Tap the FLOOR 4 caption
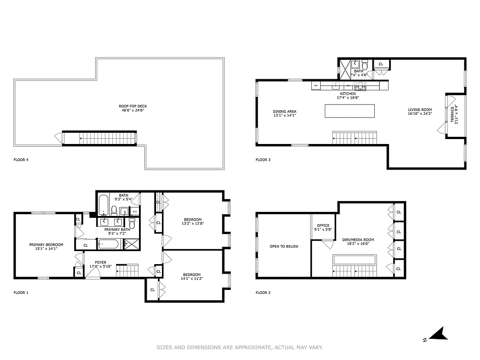(21, 160)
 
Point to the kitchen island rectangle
(350, 111)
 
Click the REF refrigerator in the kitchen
(316, 85)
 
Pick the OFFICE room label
(323, 225)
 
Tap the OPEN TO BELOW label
(284, 246)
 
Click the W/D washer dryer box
(135, 211)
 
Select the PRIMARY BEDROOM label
(46, 245)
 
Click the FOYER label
(100, 262)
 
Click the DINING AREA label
(284, 112)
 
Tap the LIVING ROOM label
(420, 109)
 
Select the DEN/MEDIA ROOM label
(359, 240)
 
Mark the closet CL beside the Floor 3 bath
(381, 64)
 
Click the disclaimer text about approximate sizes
(240, 347)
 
